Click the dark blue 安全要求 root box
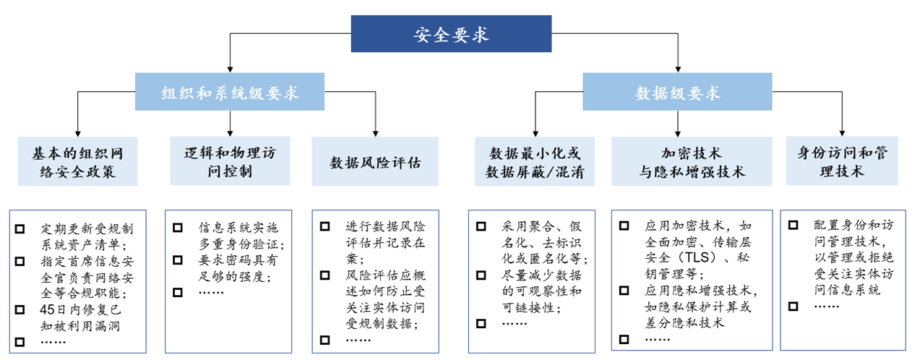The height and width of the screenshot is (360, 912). tap(451, 34)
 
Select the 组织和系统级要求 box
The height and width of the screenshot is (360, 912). tap(230, 92)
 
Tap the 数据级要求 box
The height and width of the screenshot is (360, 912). tap(677, 92)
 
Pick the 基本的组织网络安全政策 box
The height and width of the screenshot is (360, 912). tap(78, 161)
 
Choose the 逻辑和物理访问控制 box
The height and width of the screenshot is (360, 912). tap(230, 161)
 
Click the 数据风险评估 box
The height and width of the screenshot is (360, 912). tap(375, 161)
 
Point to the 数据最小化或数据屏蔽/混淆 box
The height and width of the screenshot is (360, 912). tap(535, 161)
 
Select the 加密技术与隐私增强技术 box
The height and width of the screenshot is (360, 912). tap(692, 161)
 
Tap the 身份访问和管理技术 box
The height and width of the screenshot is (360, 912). tap(842, 161)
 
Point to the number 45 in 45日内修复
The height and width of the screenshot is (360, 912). tap(47, 309)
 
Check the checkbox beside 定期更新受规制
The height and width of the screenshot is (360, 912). tap(20, 229)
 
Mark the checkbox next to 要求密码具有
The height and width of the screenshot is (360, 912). tap(178, 260)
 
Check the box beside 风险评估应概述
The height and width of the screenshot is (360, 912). tap(325, 275)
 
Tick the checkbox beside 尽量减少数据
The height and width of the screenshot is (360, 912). tap(481, 275)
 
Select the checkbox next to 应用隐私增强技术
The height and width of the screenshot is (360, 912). tap(624, 291)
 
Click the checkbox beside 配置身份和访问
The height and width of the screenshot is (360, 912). tap(793, 226)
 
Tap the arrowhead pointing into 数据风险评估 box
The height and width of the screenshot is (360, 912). tap(375, 134)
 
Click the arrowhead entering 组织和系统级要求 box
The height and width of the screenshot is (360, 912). tap(230, 69)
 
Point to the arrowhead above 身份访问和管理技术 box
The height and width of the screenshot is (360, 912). tap(842, 133)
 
